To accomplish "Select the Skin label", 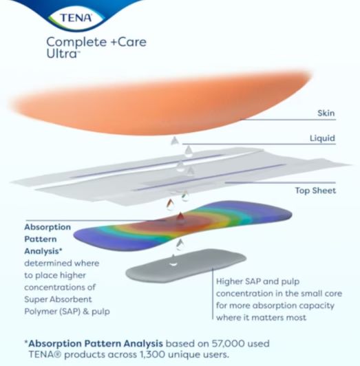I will (326, 113).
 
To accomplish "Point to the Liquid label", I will (321, 139).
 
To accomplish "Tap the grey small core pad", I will (186, 264).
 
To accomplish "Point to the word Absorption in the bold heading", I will (48, 227).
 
